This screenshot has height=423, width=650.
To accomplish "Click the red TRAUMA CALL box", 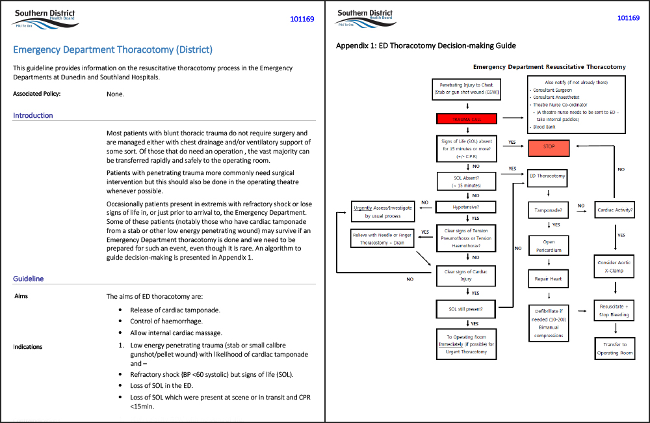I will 466,119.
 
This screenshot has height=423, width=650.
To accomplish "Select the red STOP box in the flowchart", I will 549,146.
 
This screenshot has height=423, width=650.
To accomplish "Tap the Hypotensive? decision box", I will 466,208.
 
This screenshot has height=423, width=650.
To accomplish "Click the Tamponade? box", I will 549,210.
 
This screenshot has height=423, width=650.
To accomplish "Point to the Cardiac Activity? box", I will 614,210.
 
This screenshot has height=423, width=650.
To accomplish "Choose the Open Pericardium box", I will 549,245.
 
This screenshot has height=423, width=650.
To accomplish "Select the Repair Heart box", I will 549,279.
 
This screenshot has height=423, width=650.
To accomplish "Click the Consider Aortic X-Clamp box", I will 614,267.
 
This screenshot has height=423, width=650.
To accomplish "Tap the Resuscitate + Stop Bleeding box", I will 614,310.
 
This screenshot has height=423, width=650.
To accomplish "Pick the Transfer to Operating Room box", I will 614,349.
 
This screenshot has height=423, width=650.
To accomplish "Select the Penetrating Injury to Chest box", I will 466,89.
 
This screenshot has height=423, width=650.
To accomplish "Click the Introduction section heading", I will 33,115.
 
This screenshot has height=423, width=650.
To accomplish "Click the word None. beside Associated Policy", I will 115,94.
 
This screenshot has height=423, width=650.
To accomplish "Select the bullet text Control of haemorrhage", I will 166,321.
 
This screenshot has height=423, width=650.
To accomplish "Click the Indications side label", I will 28,347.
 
